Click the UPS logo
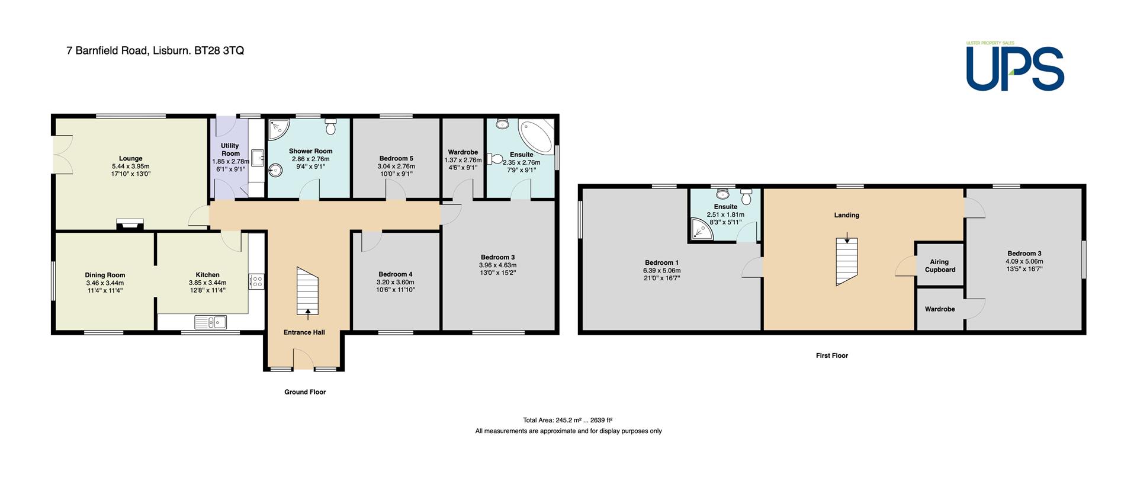(x=1015, y=67)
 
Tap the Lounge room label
(x=130, y=159)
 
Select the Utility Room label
(x=230, y=149)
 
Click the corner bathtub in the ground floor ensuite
(x=537, y=135)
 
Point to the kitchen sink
(x=210, y=322)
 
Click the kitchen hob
(x=256, y=280)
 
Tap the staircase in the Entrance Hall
(x=307, y=291)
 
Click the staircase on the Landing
(x=847, y=262)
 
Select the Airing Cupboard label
(x=940, y=266)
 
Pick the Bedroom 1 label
(x=662, y=262)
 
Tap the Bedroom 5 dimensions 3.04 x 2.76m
(x=396, y=166)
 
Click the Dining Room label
(x=105, y=275)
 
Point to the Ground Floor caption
(x=305, y=392)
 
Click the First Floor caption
(x=832, y=355)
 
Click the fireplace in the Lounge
(x=130, y=224)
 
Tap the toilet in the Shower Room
(x=331, y=126)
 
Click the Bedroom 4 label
(x=396, y=274)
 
